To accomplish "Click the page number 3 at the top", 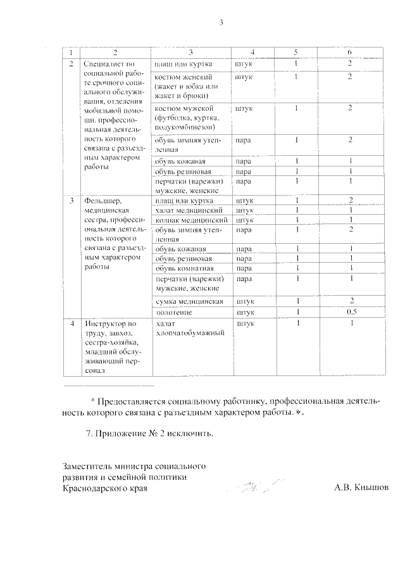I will [x=221, y=24].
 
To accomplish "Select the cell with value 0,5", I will [x=349, y=313].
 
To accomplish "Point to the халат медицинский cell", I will [x=187, y=210].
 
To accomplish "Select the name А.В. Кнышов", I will [x=361, y=488].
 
